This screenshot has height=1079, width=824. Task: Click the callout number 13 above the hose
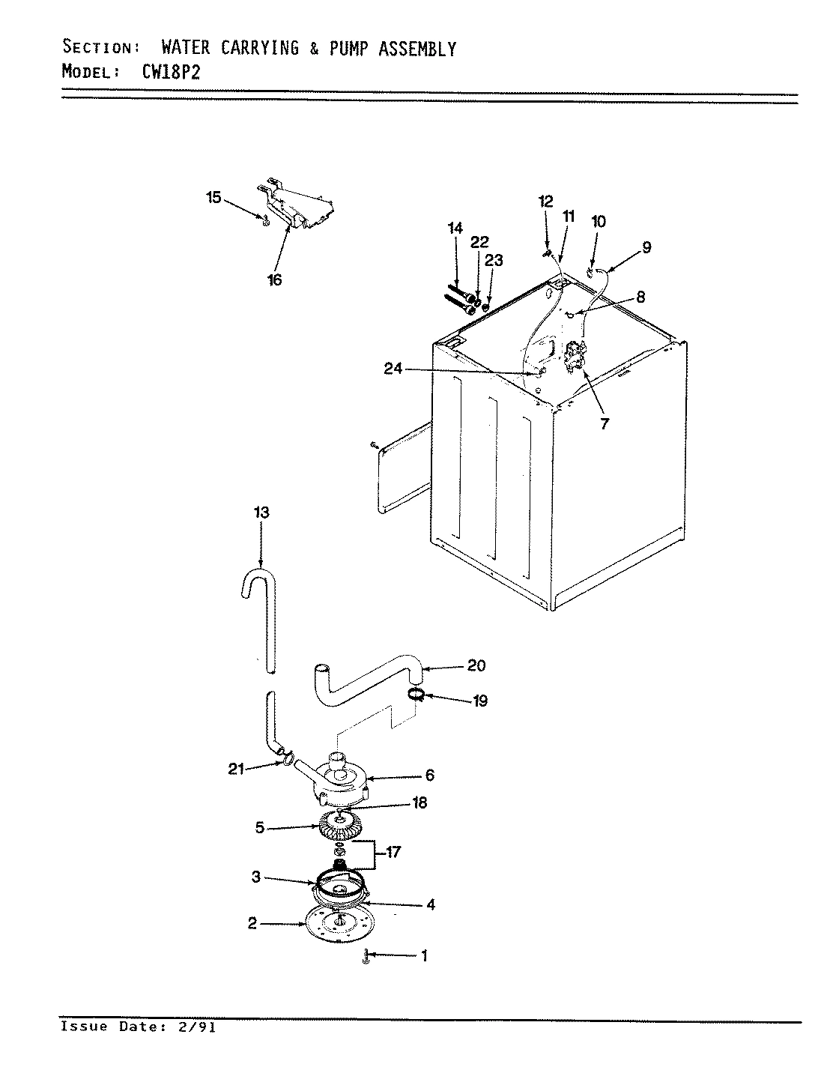[x=261, y=513]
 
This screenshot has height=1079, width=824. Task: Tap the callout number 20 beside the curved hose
[x=476, y=665]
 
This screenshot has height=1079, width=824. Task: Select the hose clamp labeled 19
[x=416, y=695]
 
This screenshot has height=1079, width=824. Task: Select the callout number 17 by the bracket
[x=393, y=852]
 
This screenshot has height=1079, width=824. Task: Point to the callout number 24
[x=392, y=368]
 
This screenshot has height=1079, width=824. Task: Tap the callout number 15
[x=213, y=197]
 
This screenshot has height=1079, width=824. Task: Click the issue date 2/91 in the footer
[x=199, y=1027]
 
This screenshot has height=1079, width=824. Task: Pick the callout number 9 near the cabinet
[x=646, y=246]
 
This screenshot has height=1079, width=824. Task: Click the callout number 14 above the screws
[x=455, y=229]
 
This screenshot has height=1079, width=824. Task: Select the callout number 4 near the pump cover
[x=430, y=904]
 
